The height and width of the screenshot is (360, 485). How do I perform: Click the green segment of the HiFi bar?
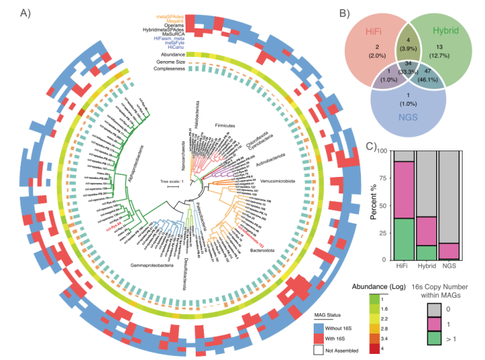404,239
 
